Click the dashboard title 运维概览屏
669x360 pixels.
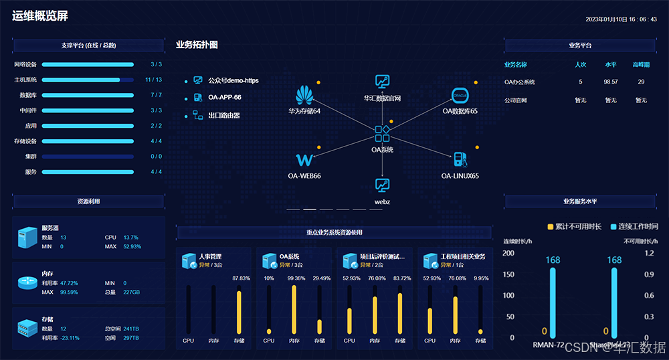(39, 16)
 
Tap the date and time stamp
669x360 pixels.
(621, 19)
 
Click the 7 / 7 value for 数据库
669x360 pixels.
(156, 95)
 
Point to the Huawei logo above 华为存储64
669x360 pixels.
(305, 94)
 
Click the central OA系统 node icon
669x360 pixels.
(382, 134)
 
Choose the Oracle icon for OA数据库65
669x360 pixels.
(460, 95)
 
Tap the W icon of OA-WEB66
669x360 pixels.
(304, 160)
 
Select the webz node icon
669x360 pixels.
(382, 185)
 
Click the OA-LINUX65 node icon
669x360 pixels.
(460, 160)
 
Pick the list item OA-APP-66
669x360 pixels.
(224, 97)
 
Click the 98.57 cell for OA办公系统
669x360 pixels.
(610, 82)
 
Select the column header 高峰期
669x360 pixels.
(641, 65)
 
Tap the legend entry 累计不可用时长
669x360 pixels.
(575, 226)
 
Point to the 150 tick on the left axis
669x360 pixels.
(508, 274)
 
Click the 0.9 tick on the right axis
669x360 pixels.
(648, 274)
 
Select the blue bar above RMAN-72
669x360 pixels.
(553, 302)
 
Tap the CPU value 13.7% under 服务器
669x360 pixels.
(130, 238)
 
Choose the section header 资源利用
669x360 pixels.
(88, 201)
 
